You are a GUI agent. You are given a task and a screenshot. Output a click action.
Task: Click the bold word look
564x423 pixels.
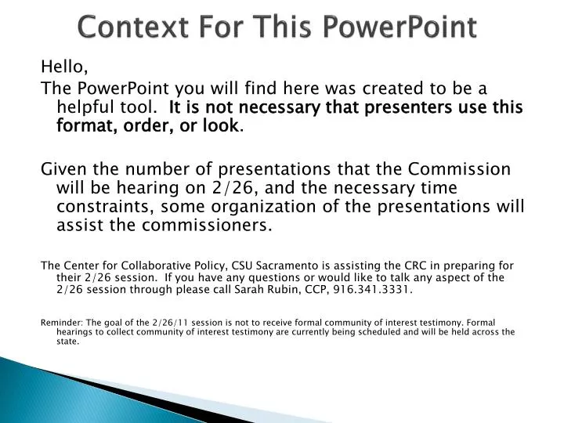click(x=222, y=125)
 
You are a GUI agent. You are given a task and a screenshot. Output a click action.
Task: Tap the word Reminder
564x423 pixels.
click(x=59, y=321)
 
